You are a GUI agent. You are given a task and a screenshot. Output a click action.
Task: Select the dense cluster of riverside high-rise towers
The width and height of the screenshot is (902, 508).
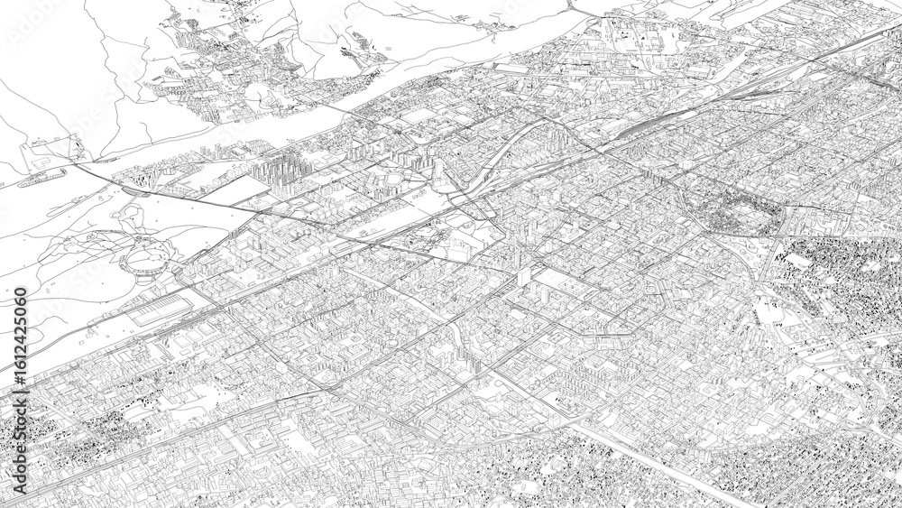coord(284,171)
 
